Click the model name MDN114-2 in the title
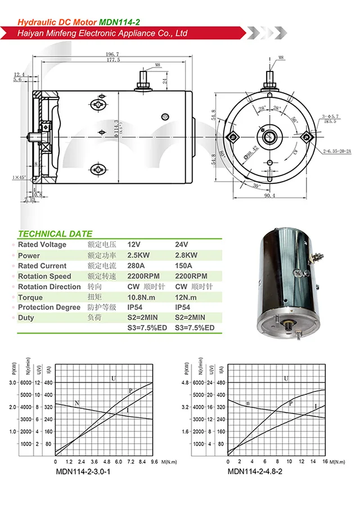(119, 22)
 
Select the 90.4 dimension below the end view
(269, 196)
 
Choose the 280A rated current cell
(137, 266)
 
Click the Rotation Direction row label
(49, 287)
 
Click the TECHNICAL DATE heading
(55, 234)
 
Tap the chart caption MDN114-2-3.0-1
(83, 471)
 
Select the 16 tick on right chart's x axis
(325, 462)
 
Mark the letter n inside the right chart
(247, 403)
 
